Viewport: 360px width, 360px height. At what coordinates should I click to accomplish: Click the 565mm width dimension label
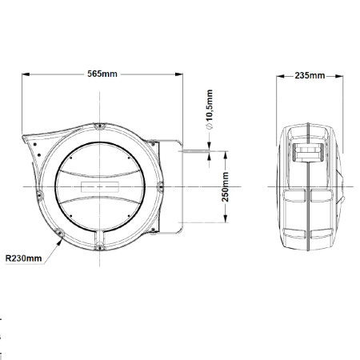[x=102, y=74]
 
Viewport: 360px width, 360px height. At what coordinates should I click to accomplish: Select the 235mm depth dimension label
[x=310, y=76]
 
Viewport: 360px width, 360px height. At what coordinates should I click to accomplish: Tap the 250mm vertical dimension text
[x=226, y=186]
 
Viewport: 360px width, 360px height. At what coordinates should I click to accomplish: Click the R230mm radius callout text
[x=24, y=258]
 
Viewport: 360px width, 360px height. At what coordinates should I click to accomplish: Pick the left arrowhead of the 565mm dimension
[x=26, y=74]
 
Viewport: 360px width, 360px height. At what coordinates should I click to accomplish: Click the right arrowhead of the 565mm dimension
[x=179, y=74]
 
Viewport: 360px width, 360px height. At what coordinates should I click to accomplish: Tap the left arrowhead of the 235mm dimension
[x=280, y=76]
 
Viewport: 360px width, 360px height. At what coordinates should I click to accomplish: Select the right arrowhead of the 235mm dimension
[x=339, y=76]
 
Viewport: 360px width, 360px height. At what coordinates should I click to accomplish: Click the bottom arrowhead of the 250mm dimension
[x=226, y=218]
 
